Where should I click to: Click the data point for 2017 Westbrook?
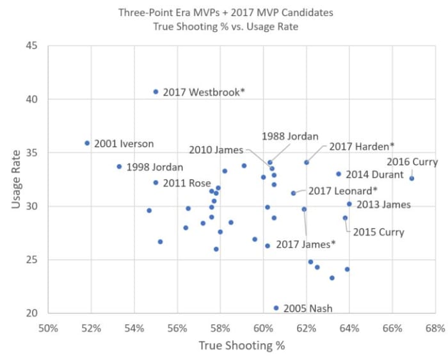coord(156,92)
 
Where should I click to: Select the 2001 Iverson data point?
coord(87,143)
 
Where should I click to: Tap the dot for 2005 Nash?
coord(276,307)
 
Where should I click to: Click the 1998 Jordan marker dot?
coord(119,167)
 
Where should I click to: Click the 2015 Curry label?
coord(378,232)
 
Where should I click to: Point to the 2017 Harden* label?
coord(362,147)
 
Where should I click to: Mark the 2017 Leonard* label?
coord(343,191)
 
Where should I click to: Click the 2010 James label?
coord(216,150)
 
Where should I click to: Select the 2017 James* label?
coord(306,245)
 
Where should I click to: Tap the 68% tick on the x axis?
coord(435,329)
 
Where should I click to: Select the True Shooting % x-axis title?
coord(241,346)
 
